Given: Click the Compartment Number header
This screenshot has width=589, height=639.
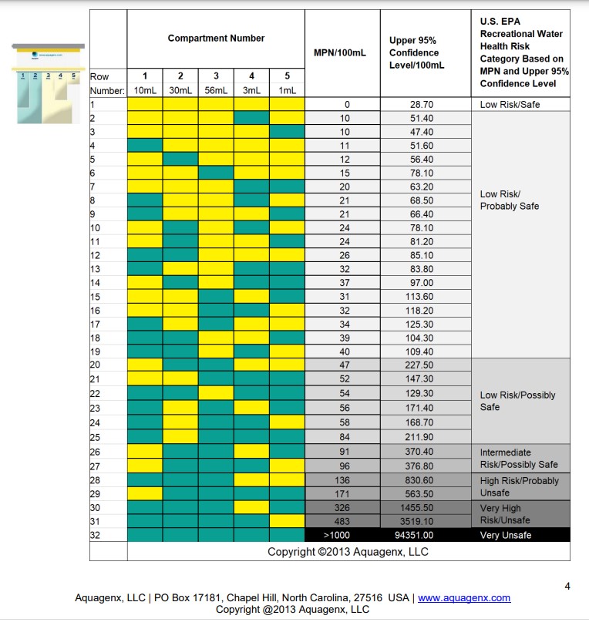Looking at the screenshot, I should point(216,39).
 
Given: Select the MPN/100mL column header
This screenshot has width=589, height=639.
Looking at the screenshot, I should point(339,53).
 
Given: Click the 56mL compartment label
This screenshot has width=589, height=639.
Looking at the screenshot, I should point(216,90).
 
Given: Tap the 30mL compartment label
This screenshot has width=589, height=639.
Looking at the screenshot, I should point(180,90).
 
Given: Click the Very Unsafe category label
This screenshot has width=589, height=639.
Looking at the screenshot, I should point(506,536).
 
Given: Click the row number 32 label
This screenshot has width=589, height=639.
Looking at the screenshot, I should point(96,536).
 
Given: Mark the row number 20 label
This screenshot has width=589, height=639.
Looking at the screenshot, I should point(96,365).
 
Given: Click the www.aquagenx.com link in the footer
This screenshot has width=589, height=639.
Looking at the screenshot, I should point(464,597).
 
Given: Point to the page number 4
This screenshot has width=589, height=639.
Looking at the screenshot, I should point(567,587).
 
